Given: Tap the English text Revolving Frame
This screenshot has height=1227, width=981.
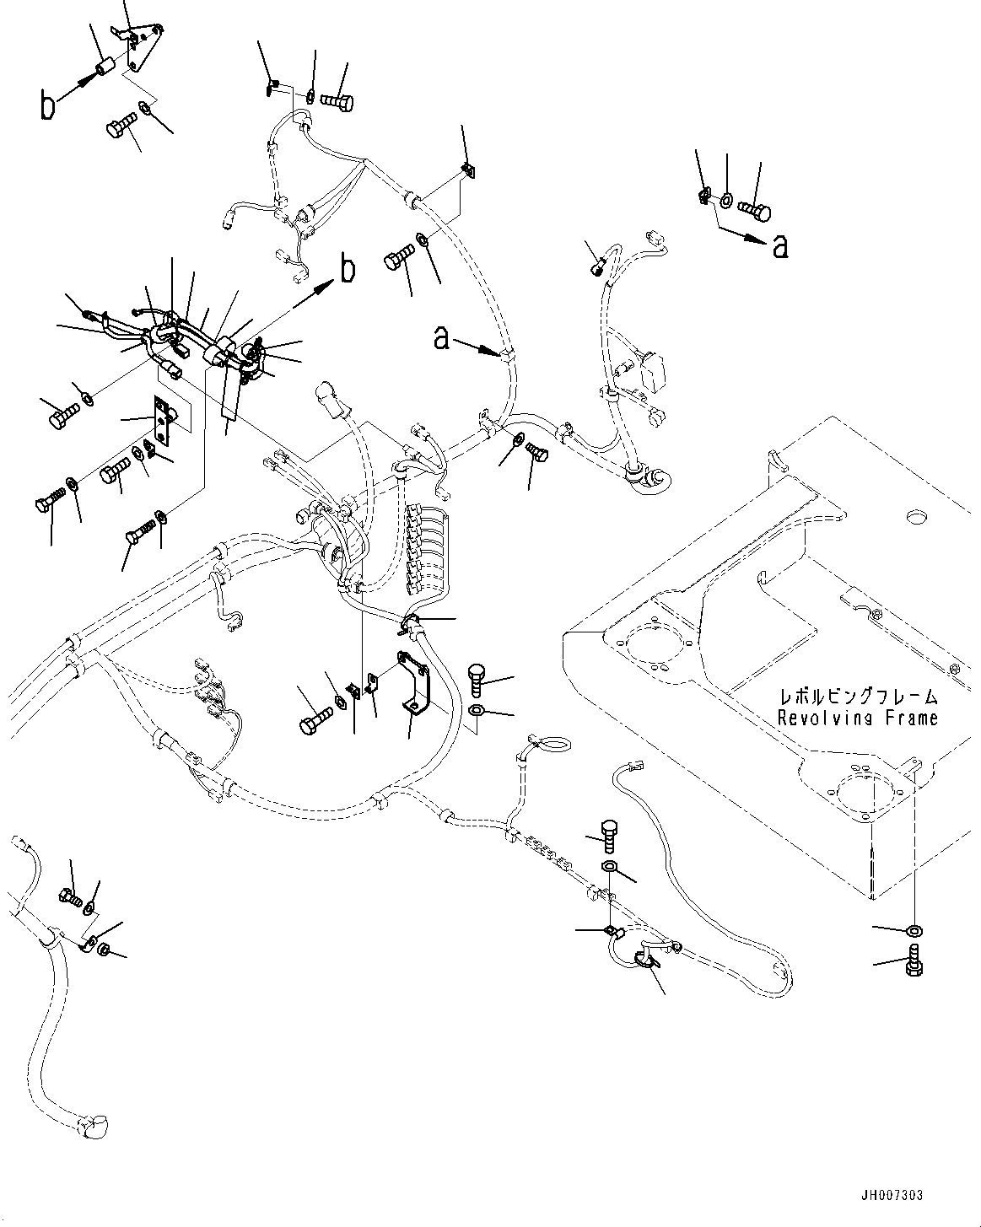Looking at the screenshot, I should [858, 718].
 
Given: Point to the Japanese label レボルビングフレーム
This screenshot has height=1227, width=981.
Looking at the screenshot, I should [858, 697].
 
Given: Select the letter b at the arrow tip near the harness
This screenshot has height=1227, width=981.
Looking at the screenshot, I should [347, 270].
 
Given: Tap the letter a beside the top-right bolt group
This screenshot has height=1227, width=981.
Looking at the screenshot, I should [780, 245].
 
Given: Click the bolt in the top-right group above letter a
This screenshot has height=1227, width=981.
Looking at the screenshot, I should [753, 205].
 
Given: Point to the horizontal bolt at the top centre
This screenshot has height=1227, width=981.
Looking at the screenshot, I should [337, 101].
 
